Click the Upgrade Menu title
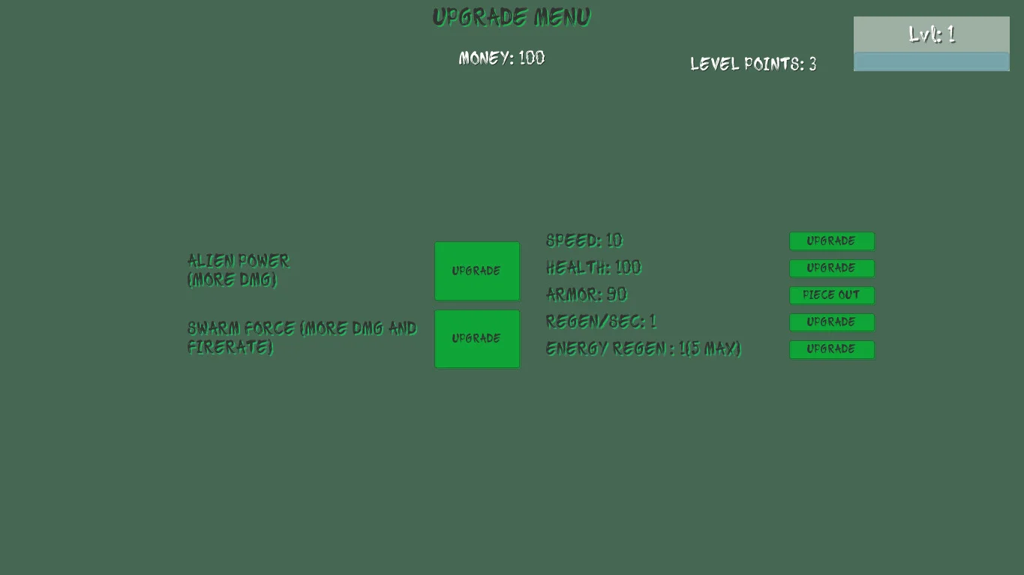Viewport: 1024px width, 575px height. point(512,17)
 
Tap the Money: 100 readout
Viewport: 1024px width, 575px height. point(502,58)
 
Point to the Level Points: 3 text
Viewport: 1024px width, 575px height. point(753,64)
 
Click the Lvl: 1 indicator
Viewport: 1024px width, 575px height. point(931,34)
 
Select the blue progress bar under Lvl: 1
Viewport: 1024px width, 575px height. point(931,61)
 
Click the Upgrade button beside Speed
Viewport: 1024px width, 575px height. point(831,241)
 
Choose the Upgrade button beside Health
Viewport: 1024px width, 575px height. point(831,268)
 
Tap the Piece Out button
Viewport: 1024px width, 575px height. point(831,295)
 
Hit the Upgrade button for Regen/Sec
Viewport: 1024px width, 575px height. point(831,322)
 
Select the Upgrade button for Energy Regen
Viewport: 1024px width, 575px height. point(831,349)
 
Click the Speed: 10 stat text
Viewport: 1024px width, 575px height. point(584,241)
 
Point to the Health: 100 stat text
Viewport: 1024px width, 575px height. point(593,268)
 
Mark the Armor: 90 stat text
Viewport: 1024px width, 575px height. point(587,295)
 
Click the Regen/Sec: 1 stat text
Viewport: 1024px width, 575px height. point(601,322)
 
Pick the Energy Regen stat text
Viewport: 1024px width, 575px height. point(643,349)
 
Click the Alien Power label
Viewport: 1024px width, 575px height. point(239,261)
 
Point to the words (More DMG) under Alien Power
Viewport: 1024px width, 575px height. point(232,280)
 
